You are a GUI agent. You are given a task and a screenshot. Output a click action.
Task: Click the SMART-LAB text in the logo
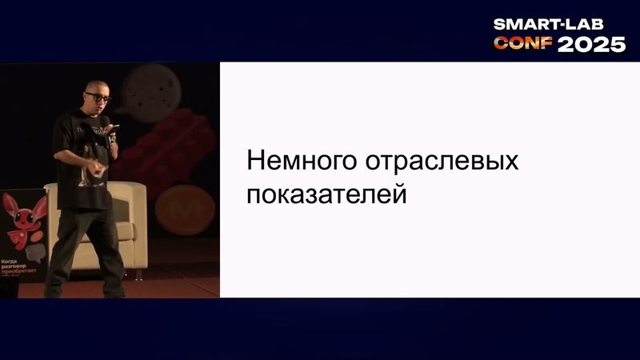(x=559, y=25)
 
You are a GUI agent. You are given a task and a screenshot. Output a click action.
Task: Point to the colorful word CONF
(x=523, y=44)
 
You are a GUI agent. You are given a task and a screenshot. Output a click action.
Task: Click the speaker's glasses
(x=97, y=97)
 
